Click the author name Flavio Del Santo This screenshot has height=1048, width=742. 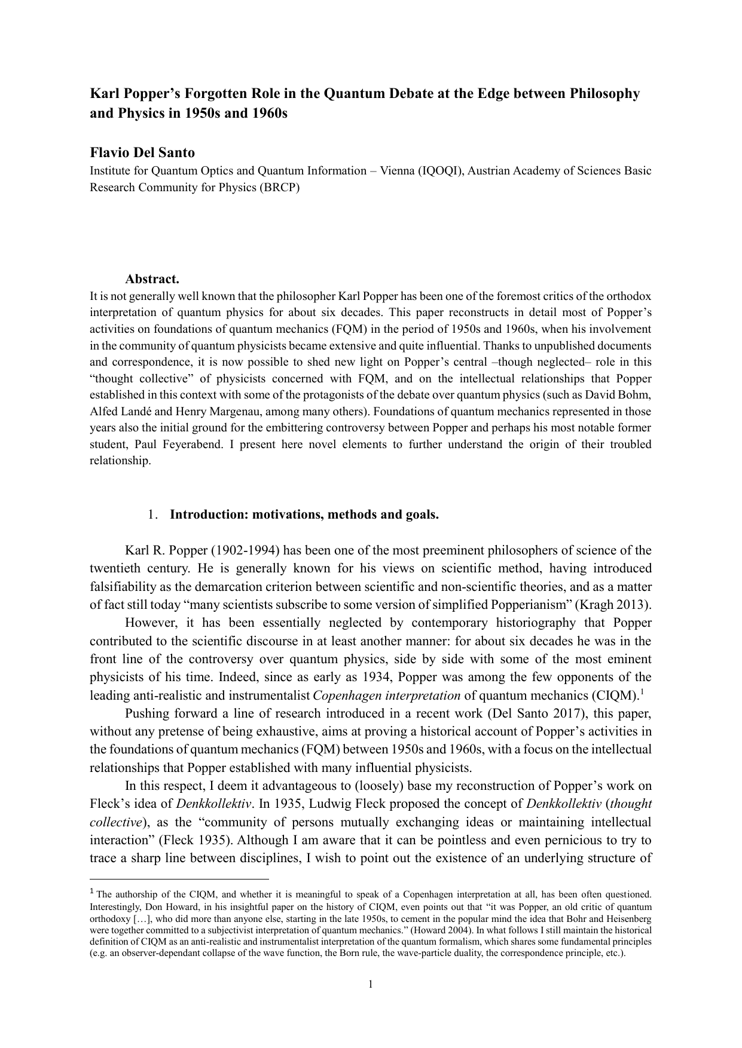pos(142,152)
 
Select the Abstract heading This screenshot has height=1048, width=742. pos(152,279)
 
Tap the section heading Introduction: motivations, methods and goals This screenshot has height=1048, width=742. pos(304,514)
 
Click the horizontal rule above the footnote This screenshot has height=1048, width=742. pos(179,879)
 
